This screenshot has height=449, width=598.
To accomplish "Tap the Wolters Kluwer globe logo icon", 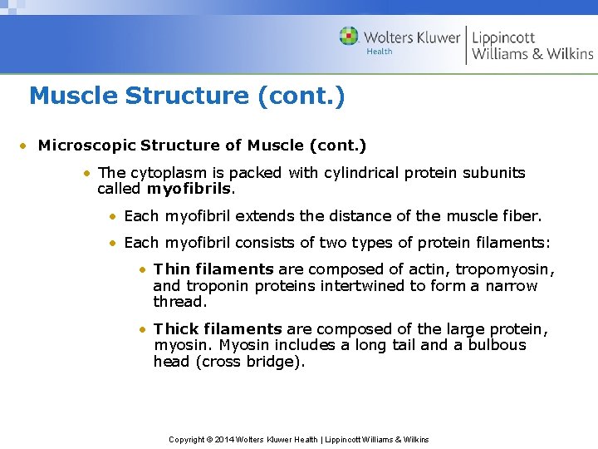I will click(x=349, y=37).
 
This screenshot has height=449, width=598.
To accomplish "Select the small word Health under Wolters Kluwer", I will click(x=380, y=52).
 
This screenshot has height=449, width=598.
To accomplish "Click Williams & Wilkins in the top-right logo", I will click(x=532, y=54).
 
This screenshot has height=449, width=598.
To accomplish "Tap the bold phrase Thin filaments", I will click(x=213, y=269).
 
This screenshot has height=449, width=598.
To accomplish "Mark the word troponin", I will click(x=214, y=286).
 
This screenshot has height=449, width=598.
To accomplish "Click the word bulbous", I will click(x=497, y=345).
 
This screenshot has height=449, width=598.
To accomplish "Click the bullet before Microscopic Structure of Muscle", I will click(x=26, y=146).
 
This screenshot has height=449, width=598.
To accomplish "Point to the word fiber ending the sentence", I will click(x=520, y=216).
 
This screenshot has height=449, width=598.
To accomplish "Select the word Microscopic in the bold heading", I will click(x=87, y=146).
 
